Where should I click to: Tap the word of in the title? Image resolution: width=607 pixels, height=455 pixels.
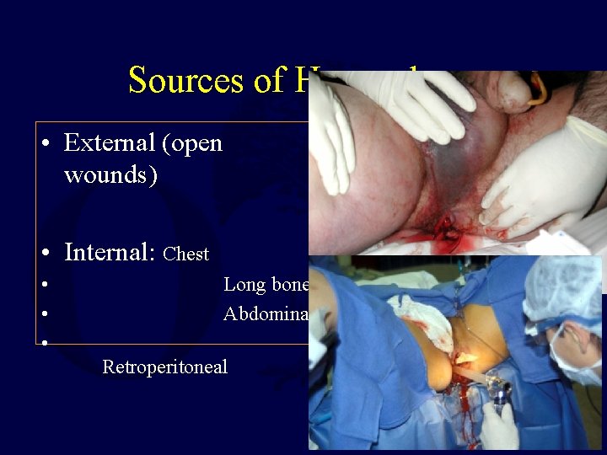(251, 80)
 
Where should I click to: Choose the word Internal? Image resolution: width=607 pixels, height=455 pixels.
(110, 252)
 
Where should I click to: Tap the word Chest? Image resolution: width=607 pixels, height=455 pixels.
(186, 254)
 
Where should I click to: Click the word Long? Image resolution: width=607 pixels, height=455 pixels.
(243, 285)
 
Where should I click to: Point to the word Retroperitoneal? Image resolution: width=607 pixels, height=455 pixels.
(164, 367)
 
